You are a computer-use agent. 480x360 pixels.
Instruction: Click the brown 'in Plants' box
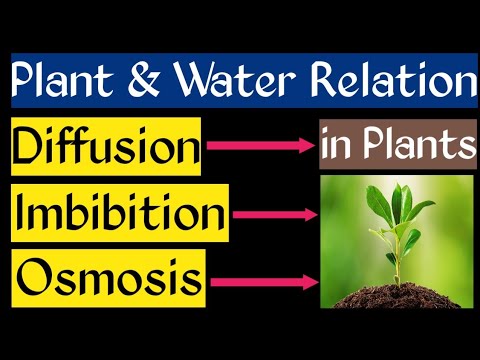point(397,147)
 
